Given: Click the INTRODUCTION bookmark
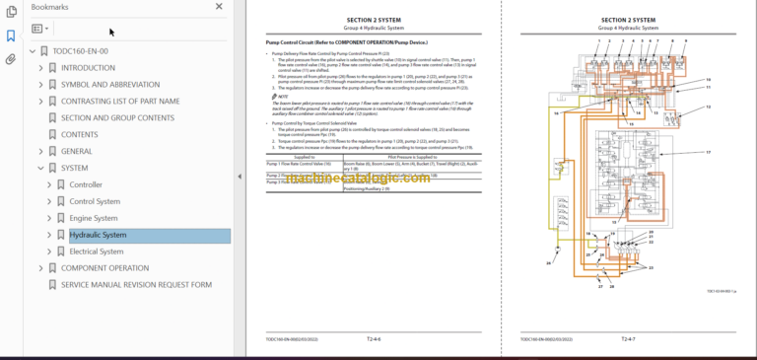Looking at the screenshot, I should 88,68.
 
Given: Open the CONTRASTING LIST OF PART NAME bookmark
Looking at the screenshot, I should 120,102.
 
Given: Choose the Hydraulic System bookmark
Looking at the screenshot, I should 98,236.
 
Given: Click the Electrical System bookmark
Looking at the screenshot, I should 97,252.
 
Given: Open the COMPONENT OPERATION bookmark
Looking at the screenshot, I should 104,268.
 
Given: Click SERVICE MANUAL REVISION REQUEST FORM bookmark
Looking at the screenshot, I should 136,285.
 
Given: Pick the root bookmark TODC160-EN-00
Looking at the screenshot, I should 80,51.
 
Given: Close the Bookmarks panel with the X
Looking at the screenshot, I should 219,7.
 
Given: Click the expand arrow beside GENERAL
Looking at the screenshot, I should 40,152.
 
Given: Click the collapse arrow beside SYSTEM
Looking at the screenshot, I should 40,169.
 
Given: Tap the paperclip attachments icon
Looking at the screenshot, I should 11,59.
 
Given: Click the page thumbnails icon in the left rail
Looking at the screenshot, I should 11,12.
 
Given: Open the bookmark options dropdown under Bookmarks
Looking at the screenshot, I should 40,30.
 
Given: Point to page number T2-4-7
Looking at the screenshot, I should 628,339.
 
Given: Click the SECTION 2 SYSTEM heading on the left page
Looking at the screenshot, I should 373,20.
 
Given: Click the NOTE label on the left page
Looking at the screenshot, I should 283,96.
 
